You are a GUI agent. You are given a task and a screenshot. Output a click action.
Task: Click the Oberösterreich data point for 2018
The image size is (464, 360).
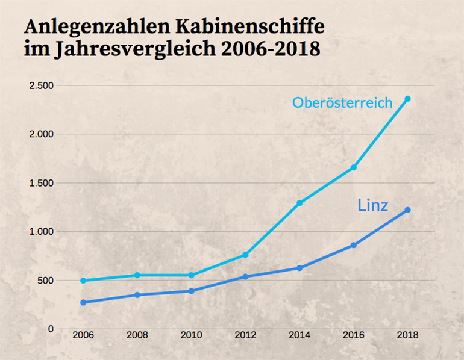pyautogui.click(x=408, y=99)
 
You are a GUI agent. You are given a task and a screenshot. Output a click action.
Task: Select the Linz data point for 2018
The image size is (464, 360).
pyautogui.click(x=408, y=210)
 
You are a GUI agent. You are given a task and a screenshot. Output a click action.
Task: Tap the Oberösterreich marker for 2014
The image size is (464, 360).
pyautogui.click(x=299, y=203)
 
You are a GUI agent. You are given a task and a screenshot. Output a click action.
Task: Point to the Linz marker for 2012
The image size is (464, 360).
pyautogui.click(x=245, y=277)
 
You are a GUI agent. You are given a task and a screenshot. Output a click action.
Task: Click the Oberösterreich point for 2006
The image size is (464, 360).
pyautogui.click(x=83, y=281)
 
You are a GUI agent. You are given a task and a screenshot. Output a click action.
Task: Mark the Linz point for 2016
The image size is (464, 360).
pyautogui.click(x=354, y=246)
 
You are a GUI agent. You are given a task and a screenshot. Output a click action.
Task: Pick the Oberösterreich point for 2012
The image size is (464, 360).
pyautogui.click(x=245, y=255)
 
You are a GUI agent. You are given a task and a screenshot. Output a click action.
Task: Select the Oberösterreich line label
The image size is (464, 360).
pyautogui.click(x=343, y=102)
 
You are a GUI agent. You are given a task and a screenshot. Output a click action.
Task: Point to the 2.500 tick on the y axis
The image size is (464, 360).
pyautogui.click(x=42, y=86)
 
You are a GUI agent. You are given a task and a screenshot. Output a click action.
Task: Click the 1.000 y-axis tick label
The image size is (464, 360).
pyautogui.click(x=42, y=232)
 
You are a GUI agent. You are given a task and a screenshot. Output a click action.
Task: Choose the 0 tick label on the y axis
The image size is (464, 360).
pyautogui.click(x=51, y=329)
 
